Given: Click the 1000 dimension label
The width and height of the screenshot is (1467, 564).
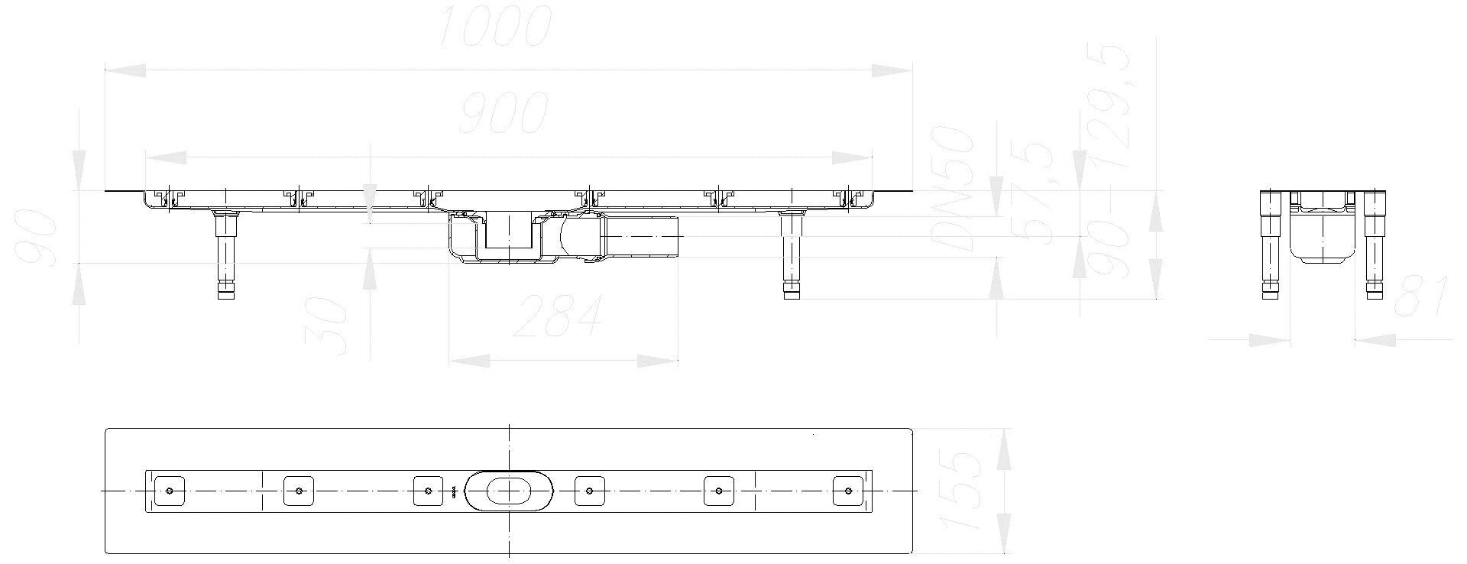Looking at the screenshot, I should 496,26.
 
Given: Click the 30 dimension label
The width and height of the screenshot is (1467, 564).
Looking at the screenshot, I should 330,326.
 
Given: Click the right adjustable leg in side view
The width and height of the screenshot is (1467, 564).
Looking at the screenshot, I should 791,256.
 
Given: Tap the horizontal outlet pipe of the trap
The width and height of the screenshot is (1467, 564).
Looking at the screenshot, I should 642,238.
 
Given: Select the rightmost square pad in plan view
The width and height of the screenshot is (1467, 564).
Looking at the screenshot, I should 848,490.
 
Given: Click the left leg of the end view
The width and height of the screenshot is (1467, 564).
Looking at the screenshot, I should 1270,245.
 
